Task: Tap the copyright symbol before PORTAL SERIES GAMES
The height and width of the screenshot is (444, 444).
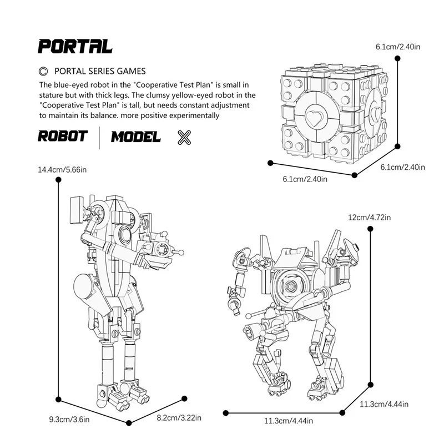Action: click(x=43, y=71)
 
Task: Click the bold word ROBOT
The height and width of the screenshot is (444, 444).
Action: click(x=63, y=137)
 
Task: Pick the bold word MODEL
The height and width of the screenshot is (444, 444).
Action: click(x=136, y=137)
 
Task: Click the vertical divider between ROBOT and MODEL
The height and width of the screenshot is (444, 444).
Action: click(x=99, y=137)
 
